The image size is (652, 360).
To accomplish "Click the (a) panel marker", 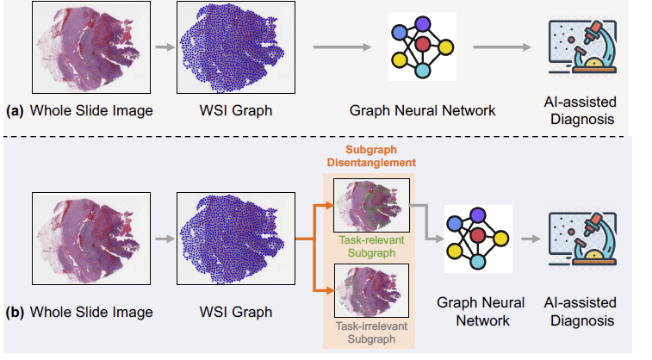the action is (x=15, y=111).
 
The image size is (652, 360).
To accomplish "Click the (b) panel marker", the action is (x=15, y=312).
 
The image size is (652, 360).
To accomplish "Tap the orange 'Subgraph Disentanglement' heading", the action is (x=371, y=156).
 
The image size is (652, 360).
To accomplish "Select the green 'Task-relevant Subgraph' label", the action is (x=371, y=246).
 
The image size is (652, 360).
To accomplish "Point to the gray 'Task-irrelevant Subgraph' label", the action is (x=371, y=332).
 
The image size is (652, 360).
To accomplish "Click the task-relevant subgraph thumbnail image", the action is (x=371, y=205).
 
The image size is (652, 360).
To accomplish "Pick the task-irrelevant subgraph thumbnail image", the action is (x=371, y=290).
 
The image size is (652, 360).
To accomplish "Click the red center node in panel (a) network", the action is (x=423, y=44).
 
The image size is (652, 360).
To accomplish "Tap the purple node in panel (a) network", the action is (x=423, y=24).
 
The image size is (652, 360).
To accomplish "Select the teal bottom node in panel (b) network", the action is (x=477, y=263).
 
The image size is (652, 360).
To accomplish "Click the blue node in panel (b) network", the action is (x=455, y=225).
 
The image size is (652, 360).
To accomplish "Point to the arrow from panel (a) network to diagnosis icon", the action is (x=502, y=47).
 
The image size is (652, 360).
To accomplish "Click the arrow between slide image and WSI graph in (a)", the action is (x=165, y=47).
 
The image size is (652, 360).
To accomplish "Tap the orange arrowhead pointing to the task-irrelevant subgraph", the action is (x=330, y=291).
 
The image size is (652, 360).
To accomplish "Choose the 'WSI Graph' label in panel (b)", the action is (x=236, y=312).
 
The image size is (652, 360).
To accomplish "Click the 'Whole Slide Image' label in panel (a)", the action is (x=91, y=111).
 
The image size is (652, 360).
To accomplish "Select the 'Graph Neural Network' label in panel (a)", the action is (x=423, y=111).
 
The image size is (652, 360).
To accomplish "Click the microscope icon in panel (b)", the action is (x=582, y=239).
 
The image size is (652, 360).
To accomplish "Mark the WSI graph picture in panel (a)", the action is (x=236, y=47).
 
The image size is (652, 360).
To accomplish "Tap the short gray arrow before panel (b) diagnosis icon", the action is (x=531, y=239).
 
